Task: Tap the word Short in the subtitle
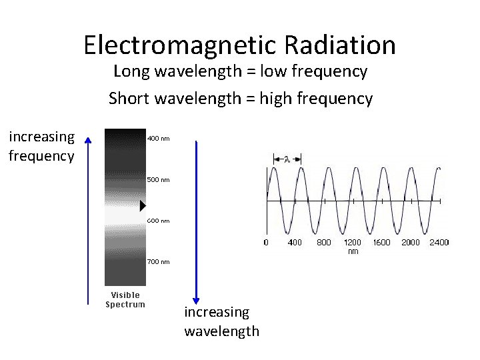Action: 129,99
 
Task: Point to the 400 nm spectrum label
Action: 158,139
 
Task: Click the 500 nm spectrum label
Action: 158,179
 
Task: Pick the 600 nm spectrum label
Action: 158,221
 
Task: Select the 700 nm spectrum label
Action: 158,262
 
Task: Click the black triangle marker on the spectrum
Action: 143,205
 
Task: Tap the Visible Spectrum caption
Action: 125,299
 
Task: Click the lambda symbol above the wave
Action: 287,159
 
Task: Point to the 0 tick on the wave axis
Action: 266,243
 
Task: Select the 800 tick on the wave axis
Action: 323,243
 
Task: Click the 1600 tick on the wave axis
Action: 381,243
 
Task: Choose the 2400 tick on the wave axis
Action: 439,243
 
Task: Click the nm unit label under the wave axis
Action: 353,251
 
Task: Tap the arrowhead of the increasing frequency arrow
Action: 87,138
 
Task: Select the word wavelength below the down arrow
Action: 222,331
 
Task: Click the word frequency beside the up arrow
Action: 41,156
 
